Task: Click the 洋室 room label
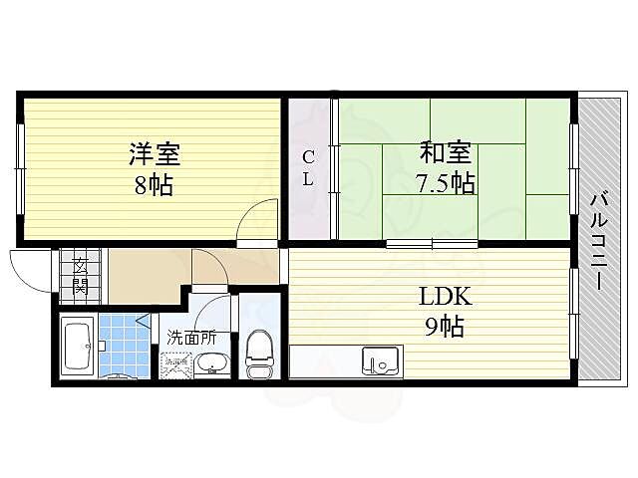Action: [x=154, y=154]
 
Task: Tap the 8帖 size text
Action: [x=154, y=185]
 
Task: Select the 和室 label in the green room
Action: [x=445, y=153]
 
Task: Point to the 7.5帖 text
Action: [x=445, y=183]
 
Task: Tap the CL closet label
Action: [x=309, y=168]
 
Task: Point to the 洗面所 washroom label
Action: [x=190, y=337]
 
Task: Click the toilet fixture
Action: [x=257, y=354]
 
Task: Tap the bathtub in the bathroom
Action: [x=77, y=345]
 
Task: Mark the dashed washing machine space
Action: [x=177, y=364]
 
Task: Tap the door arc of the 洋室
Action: [x=260, y=218]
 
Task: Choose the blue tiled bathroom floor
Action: [x=120, y=339]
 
